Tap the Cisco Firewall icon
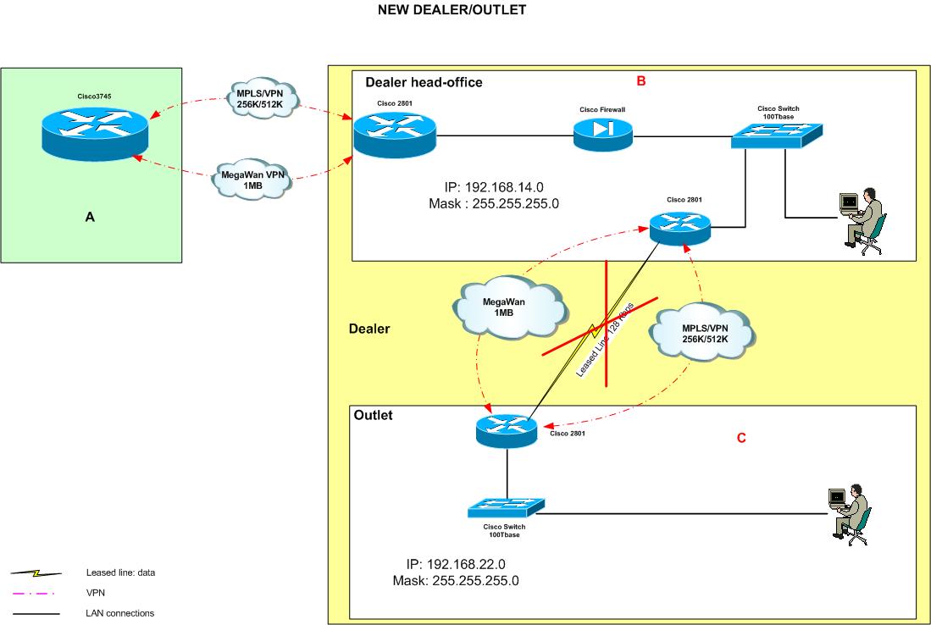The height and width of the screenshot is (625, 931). coord(602,134)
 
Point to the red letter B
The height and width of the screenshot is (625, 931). coord(641,81)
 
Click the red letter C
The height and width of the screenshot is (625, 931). coord(741,438)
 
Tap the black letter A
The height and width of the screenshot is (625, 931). coord(91,218)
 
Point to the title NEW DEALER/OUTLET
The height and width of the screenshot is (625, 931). coord(452,11)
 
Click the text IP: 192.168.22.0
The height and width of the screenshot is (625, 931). coord(457,564)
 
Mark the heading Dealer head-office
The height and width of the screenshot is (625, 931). coord(424,82)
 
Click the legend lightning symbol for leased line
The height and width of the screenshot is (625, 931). coord(36,573)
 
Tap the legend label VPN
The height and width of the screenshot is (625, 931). coord(95,593)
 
